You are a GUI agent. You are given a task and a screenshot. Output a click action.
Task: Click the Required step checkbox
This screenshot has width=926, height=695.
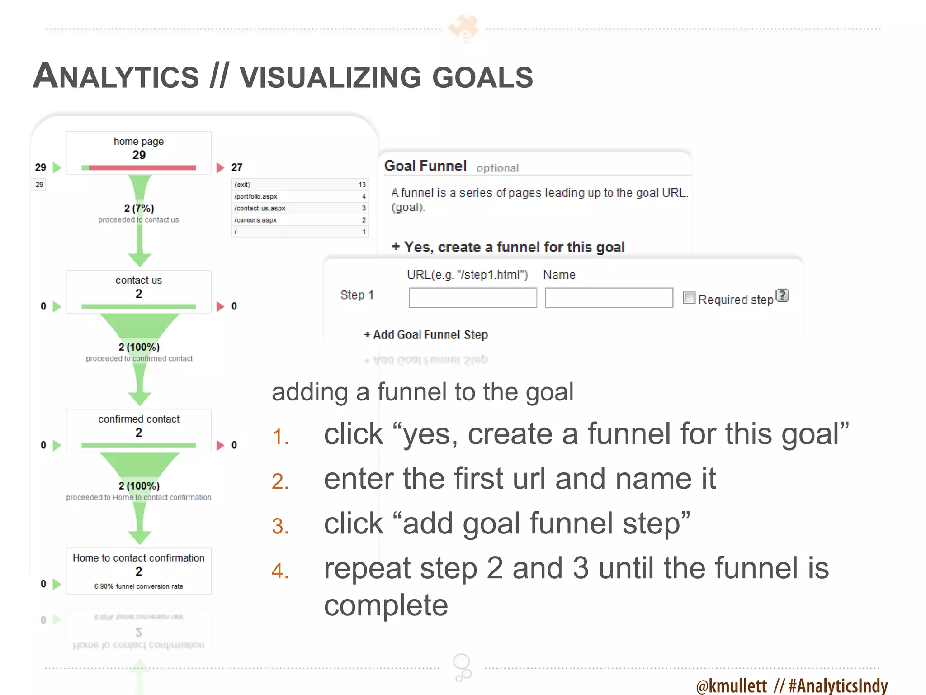(689, 298)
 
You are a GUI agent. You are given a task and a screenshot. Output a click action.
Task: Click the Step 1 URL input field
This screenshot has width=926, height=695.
(472, 298)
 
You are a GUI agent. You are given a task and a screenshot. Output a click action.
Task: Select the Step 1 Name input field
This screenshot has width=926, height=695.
(609, 298)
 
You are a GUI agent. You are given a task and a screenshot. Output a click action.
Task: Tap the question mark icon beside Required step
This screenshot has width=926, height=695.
(782, 295)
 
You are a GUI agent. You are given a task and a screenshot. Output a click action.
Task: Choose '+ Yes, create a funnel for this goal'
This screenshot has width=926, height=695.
(508, 247)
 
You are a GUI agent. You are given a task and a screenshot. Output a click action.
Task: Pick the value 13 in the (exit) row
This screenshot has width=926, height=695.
(362, 185)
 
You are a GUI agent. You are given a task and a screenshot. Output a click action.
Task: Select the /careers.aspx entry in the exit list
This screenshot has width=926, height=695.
(255, 220)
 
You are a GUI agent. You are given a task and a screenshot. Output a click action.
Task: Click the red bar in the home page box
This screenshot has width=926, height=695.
(142, 168)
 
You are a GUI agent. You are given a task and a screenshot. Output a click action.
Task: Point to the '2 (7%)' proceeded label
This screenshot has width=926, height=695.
(139, 208)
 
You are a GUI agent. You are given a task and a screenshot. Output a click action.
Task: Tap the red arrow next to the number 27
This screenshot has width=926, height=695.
(220, 167)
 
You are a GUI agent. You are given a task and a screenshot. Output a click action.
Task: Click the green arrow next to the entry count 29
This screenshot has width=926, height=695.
(57, 167)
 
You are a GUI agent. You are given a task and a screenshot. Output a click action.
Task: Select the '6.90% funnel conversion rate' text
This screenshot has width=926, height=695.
(138, 586)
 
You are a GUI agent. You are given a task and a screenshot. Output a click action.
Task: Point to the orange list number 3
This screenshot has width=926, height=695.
(280, 526)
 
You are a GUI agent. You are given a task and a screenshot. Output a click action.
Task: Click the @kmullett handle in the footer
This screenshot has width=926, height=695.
(731, 685)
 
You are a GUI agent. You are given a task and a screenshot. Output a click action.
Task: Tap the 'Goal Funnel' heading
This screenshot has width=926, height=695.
(425, 166)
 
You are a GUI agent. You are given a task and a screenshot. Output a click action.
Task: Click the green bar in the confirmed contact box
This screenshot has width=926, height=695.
(138, 446)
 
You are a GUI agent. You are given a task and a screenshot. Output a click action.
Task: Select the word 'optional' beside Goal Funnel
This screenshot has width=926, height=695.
(497, 168)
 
